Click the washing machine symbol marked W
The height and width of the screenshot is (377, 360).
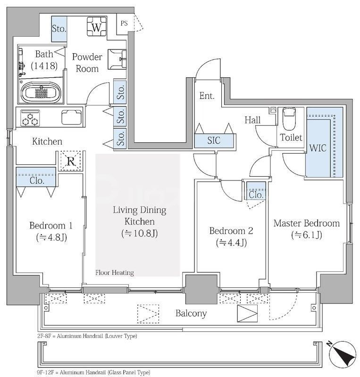pyautogui.click(x=96, y=27)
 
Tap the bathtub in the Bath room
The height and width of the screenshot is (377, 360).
pyautogui.click(x=41, y=92)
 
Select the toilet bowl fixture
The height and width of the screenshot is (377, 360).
pyautogui.click(x=289, y=118)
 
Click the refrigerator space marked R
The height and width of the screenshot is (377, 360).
pyautogui.click(x=71, y=161)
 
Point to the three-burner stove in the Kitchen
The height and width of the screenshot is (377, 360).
pyautogui.click(x=30, y=118)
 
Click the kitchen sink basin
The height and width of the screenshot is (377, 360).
pyautogui.click(x=71, y=117)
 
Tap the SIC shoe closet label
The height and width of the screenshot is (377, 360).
pyautogui.click(x=214, y=140)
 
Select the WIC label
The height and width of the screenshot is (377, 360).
pyautogui.click(x=318, y=148)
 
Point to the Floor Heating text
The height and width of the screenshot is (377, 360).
pyautogui.click(x=114, y=273)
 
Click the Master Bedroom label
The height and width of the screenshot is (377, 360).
pyautogui.click(x=307, y=223)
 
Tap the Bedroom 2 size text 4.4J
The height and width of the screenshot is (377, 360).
pyautogui.click(x=231, y=243)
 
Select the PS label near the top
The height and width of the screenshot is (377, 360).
pyautogui.click(x=124, y=23)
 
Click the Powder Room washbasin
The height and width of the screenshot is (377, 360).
pyautogui.click(x=117, y=59)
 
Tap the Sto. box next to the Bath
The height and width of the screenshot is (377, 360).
pyautogui.click(x=59, y=29)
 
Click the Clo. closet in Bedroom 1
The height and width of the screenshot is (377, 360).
pyautogui.click(x=36, y=177)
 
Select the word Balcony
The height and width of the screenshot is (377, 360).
pyautogui.click(x=191, y=313)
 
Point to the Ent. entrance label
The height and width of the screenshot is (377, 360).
pyautogui.click(x=207, y=96)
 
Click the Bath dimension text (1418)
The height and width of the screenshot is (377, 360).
pyautogui.click(x=44, y=66)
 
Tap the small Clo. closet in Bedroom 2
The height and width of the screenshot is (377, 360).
pyautogui.click(x=256, y=191)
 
